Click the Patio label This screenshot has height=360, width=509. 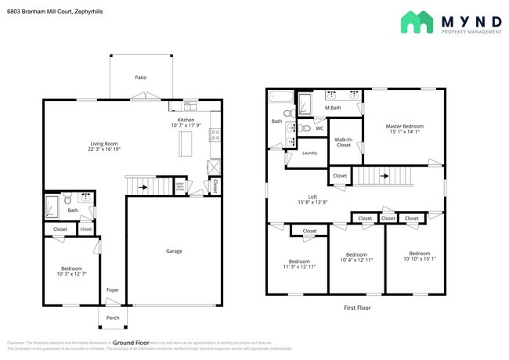click(x=141, y=77)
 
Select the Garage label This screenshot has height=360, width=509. click(x=174, y=250)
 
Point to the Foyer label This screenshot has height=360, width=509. click(x=114, y=290)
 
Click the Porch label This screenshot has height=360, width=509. click(x=114, y=317)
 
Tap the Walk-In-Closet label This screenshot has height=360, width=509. click(x=344, y=142)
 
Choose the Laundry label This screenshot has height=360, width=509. click(x=309, y=153)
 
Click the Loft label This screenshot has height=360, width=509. click(x=313, y=197)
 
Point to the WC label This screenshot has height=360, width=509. click(x=319, y=128)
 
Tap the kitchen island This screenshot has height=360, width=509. click(x=186, y=144)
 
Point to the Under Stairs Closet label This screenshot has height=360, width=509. click(x=180, y=187)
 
